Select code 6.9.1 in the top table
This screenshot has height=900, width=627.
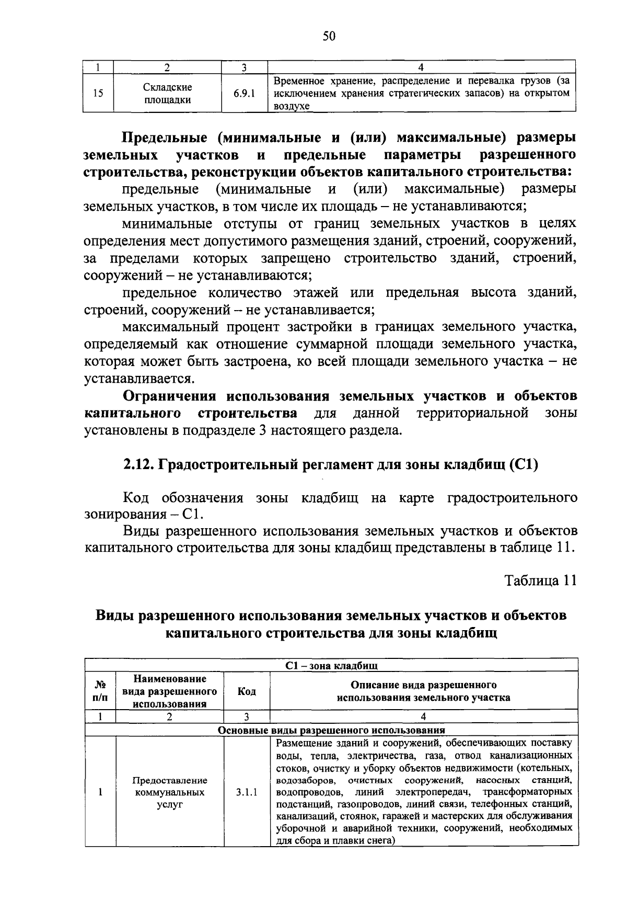pyautogui.click(x=244, y=94)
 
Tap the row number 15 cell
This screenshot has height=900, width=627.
pyautogui.click(x=98, y=94)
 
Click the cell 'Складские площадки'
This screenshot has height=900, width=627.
pyautogui.click(x=168, y=94)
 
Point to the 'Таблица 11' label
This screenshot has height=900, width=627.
pyautogui.click(x=541, y=581)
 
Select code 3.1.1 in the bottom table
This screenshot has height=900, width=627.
pyautogui.click(x=246, y=792)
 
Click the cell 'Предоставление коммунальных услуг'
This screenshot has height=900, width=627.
pyautogui.click(x=169, y=792)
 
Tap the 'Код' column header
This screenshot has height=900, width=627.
pyautogui.click(x=247, y=691)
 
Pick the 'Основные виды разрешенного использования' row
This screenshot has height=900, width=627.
pyautogui.click(x=331, y=730)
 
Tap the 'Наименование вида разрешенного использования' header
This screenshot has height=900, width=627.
pyautogui.click(x=169, y=691)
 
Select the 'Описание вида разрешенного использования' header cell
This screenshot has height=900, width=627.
pyautogui.click(x=423, y=691)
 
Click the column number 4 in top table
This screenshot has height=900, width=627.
pyautogui.click(x=421, y=66)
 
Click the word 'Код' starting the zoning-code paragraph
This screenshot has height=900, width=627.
pyautogui.click(x=135, y=497)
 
